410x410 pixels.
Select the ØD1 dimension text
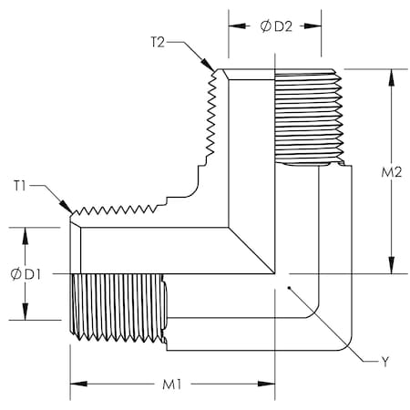[x=24, y=273]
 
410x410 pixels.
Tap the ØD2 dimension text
[x=274, y=26]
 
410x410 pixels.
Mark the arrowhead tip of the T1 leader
[x=72, y=214]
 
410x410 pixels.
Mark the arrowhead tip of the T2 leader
[x=215, y=70]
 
